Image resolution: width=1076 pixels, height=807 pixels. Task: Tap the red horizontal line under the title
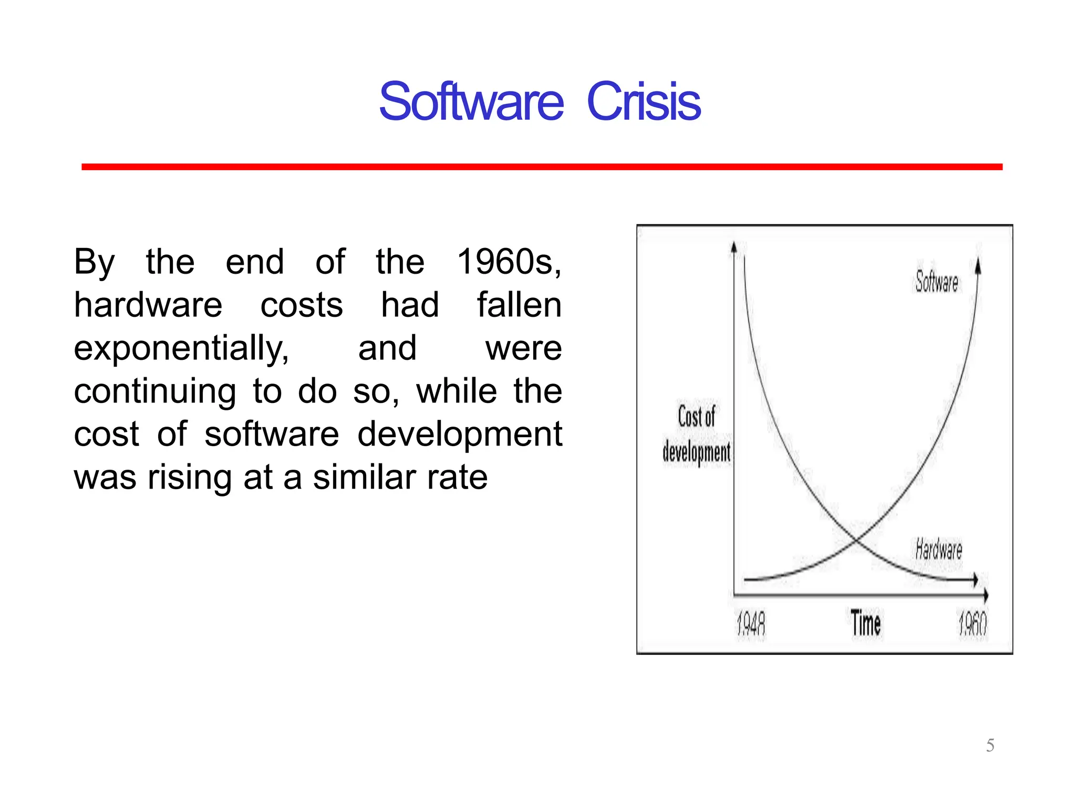(x=541, y=167)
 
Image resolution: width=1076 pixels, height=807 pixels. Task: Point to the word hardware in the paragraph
(x=148, y=305)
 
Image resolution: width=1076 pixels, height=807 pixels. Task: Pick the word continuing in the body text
(x=154, y=391)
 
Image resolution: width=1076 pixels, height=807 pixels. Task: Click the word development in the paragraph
(x=459, y=434)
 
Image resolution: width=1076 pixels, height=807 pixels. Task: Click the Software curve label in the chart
(x=937, y=282)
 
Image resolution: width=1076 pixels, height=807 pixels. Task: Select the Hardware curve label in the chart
(x=938, y=550)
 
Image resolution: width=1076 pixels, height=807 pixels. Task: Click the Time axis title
(x=865, y=624)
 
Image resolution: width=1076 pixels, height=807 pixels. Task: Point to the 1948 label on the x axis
(x=751, y=625)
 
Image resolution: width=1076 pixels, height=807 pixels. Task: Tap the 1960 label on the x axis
(x=972, y=625)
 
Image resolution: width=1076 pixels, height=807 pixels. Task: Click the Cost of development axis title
(x=696, y=434)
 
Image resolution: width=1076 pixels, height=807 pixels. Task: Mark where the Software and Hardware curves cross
(x=856, y=540)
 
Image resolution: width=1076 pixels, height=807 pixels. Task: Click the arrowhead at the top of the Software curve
(x=978, y=265)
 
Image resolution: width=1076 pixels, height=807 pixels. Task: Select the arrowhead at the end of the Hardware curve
(x=975, y=580)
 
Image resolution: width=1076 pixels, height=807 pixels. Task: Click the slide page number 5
(x=990, y=746)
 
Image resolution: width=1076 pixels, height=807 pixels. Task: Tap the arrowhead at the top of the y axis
(x=734, y=247)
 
